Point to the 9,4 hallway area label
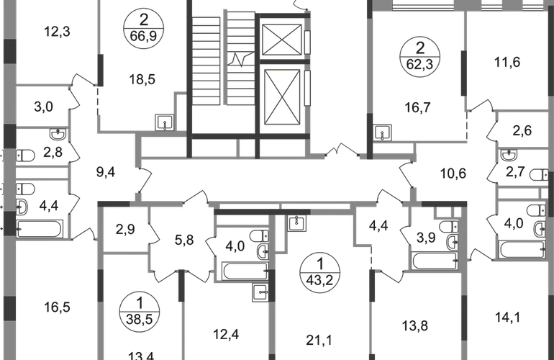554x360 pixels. [106, 173]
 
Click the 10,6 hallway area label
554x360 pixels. [453, 172]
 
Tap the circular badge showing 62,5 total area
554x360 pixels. [420, 53]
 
